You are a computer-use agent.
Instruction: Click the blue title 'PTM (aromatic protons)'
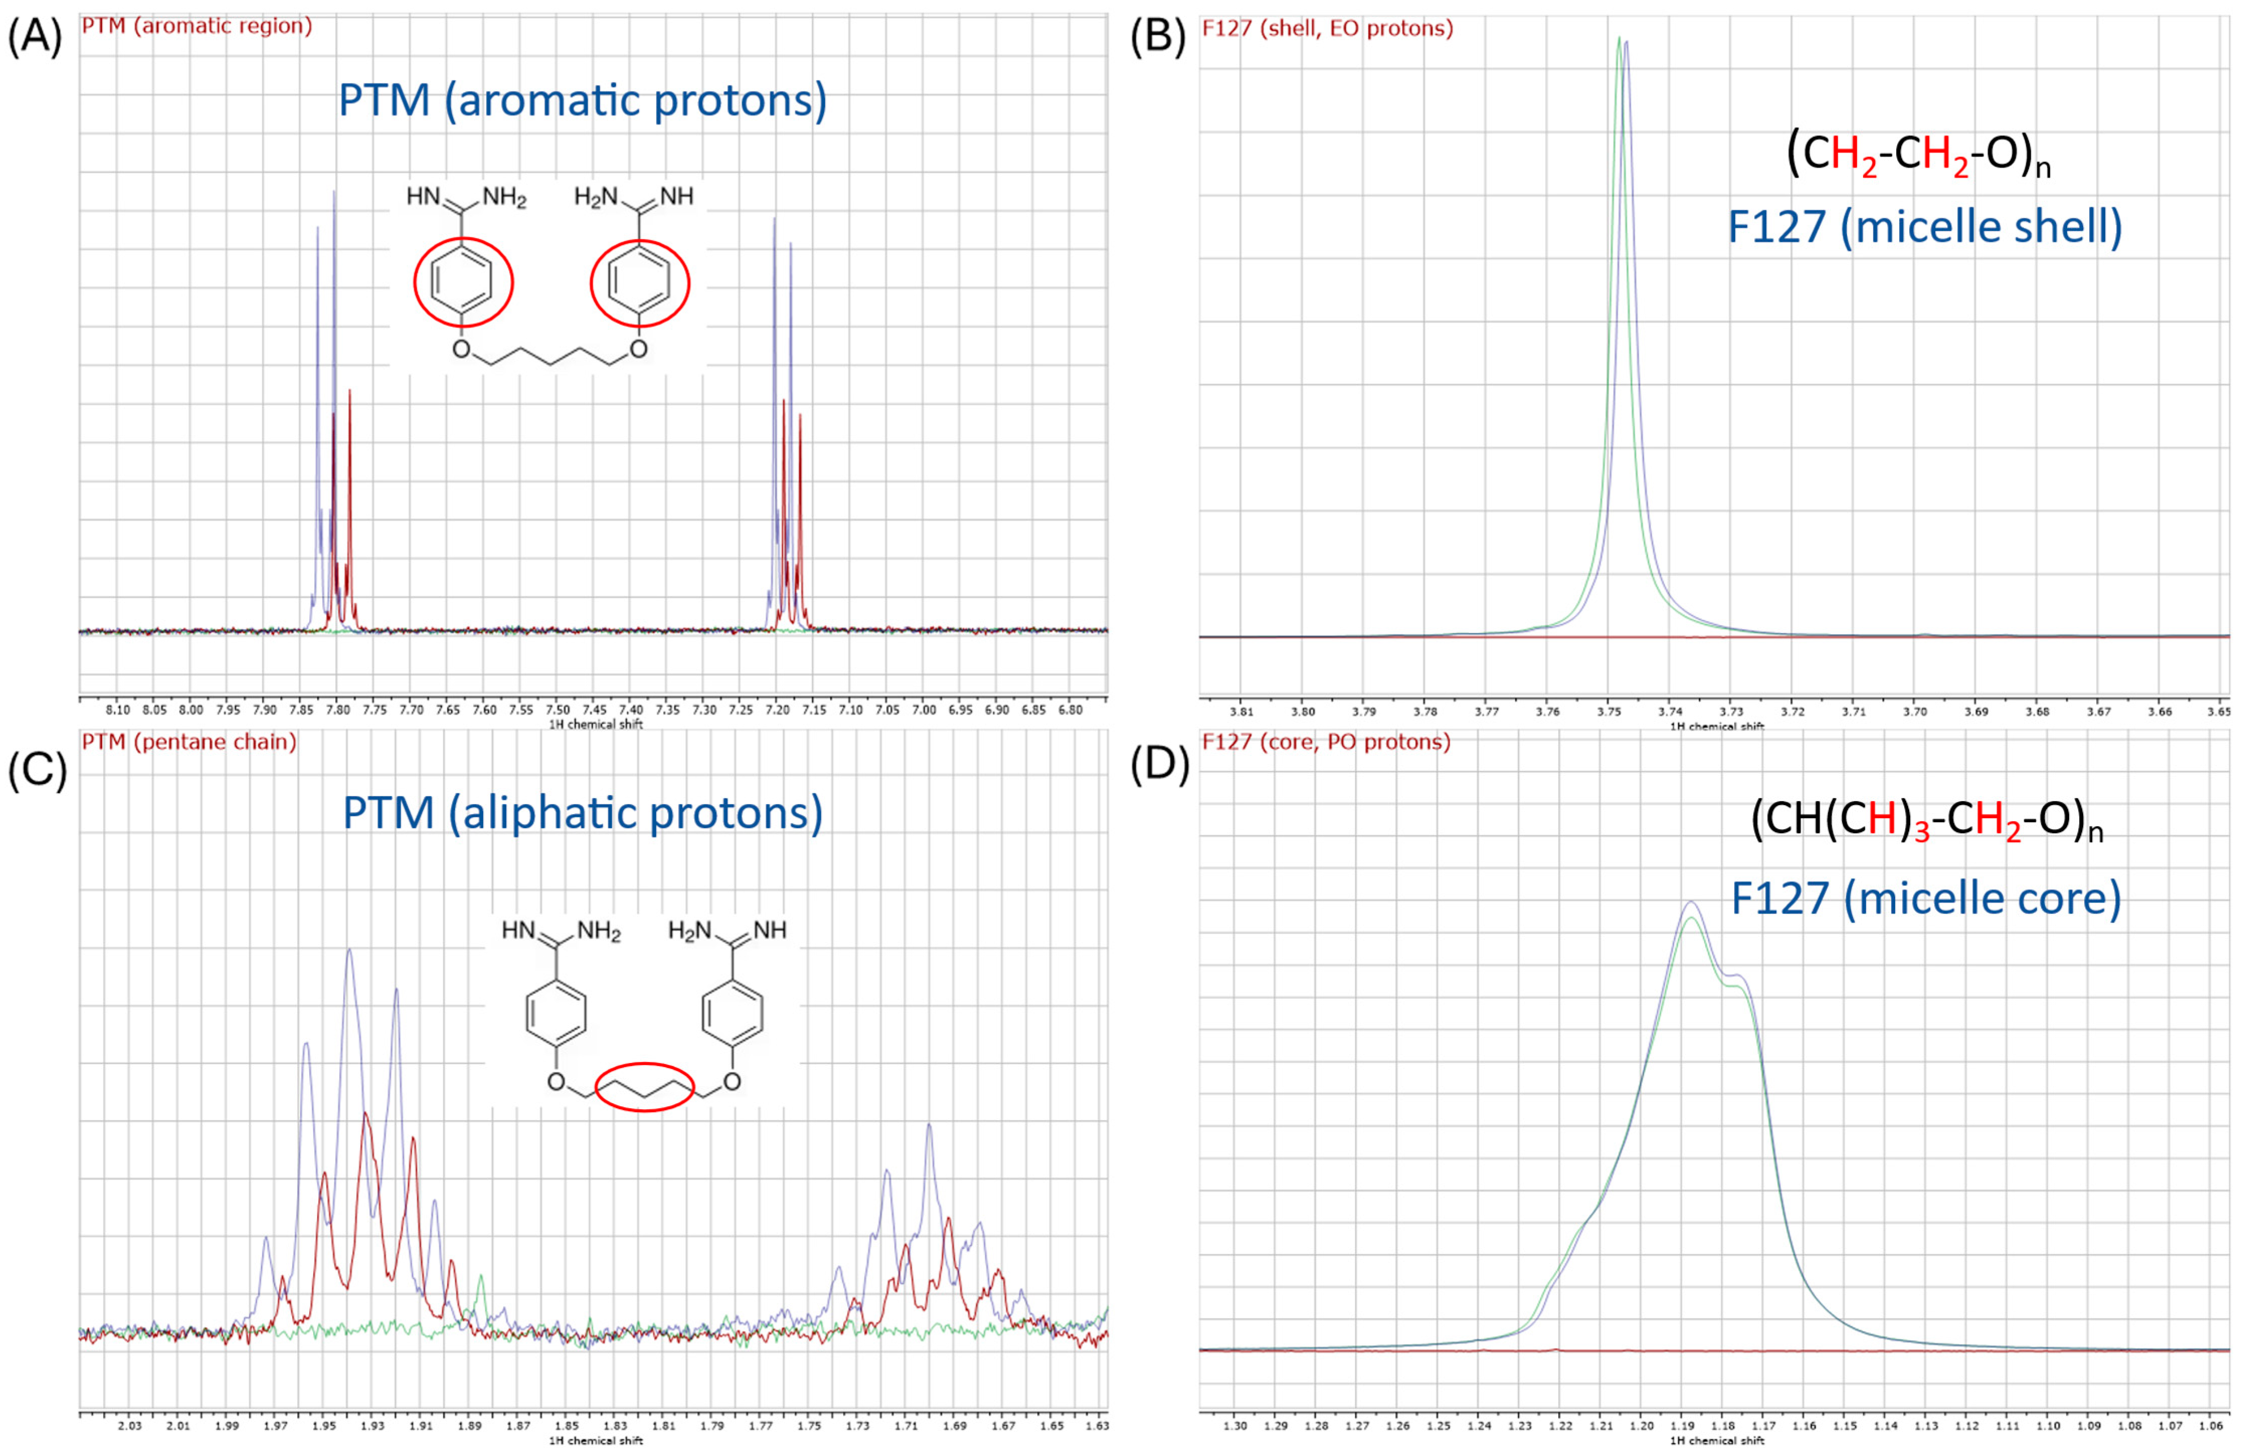pos(583,100)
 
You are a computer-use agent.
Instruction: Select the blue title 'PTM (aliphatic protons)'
pos(583,812)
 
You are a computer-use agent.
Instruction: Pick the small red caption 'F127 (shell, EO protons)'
pos(1327,28)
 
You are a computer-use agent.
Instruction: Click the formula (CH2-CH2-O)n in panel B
pos(1919,155)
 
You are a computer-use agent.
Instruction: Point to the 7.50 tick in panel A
pos(558,710)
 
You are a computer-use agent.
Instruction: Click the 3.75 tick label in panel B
pos(1609,712)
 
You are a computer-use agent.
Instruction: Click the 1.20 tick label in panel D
pos(1642,1426)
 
